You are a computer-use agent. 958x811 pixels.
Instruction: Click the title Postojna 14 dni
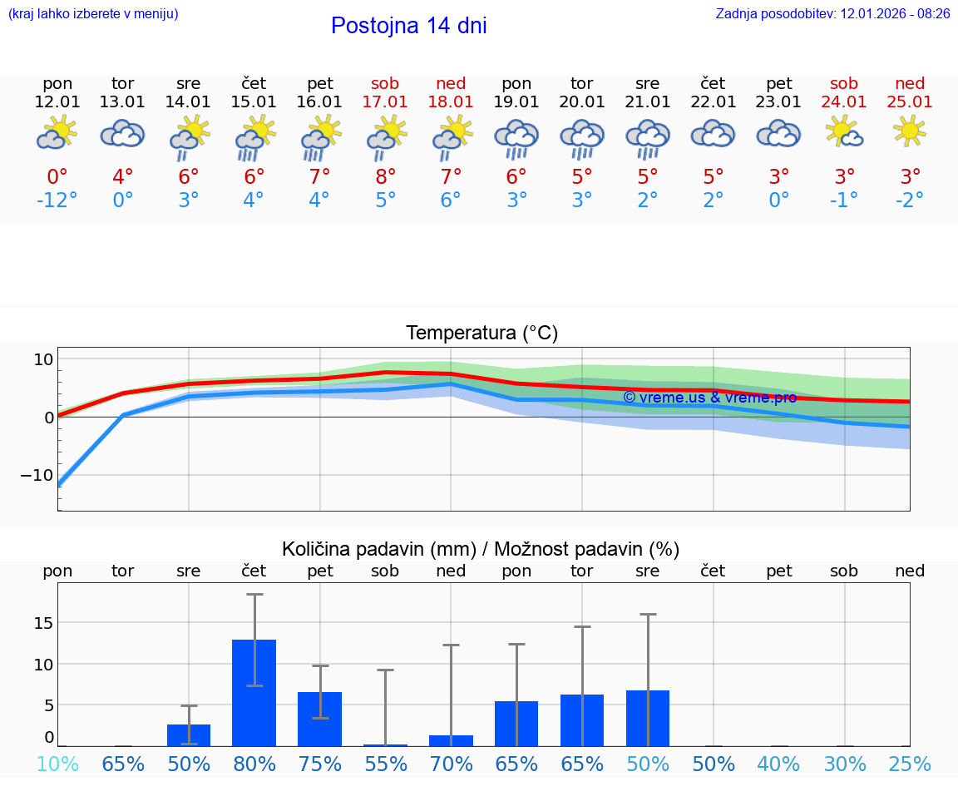click(x=408, y=26)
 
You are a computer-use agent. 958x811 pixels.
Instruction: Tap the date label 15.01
click(x=254, y=102)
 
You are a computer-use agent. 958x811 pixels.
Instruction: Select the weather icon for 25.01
click(x=910, y=131)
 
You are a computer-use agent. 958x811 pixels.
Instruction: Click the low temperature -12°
click(x=57, y=200)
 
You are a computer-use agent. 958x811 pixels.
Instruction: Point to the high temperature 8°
click(x=385, y=177)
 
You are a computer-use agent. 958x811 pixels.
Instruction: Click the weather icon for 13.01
click(x=122, y=133)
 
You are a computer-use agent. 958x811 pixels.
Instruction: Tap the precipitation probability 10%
click(x=57, y=764)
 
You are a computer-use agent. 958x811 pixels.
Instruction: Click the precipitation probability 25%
click(x=909, y=764)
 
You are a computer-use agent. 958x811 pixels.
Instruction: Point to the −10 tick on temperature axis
click(x=38, y=475)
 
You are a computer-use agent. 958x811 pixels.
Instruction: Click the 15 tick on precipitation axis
click(x=43, y=623)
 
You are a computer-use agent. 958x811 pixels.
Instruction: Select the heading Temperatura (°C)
click(x=481, y=334)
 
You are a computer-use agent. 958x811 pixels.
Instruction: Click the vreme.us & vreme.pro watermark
click(x=709, y=398)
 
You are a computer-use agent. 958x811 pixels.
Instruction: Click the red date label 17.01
click(x=385, y=102)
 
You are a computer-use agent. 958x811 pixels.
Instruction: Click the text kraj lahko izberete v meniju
click(x=93, y=14)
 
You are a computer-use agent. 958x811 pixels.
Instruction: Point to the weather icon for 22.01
click(x=713, y=133)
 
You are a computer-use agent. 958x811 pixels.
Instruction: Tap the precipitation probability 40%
click(x=778, y=764)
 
